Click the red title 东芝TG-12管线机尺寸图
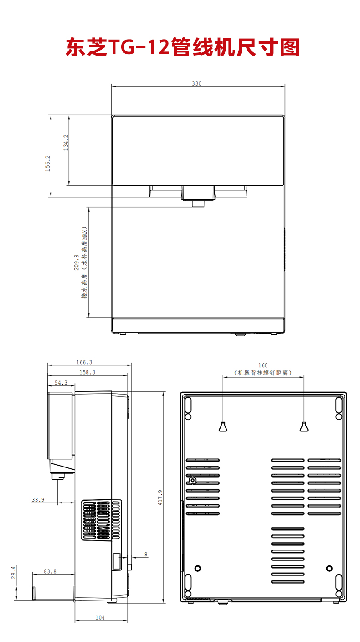(x=183, y=47)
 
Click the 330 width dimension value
(x=196, y=83)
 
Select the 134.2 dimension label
(x=66, y=143)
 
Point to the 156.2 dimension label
(x=47, y=164)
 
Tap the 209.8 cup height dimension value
(x=77, y=262)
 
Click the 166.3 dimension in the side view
(x=84, y=362)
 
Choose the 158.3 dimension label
(x=87, y=372)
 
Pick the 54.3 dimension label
(x=61, y=383)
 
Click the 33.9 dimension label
(x=38, y=500)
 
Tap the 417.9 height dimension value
(x=160, y=497)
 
